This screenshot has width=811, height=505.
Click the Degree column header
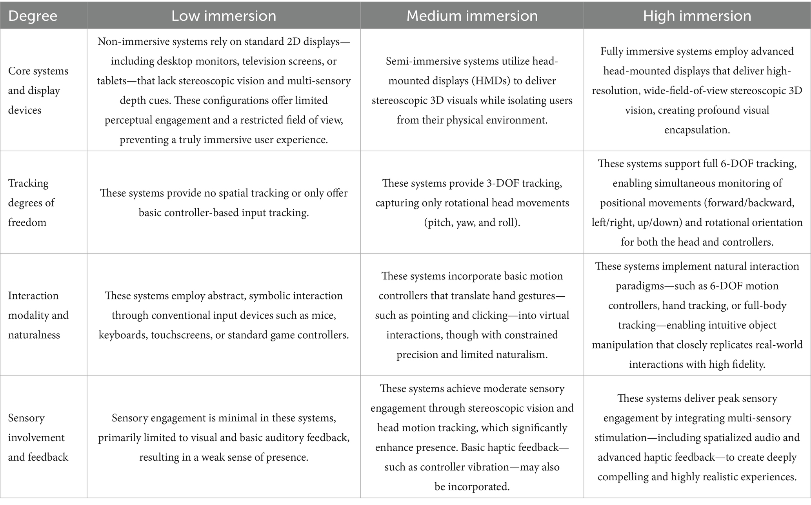coord(33,16)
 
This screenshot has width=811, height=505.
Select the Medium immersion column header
coord(472,16)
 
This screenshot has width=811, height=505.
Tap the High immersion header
coord(697,16)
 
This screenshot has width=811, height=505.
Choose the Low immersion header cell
coord(224,16)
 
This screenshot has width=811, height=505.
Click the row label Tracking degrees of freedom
coord(31,202)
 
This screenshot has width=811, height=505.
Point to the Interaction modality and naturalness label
coord(38,315)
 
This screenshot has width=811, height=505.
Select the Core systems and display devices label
coord(38,90)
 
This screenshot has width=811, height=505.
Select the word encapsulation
coord(697,130)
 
